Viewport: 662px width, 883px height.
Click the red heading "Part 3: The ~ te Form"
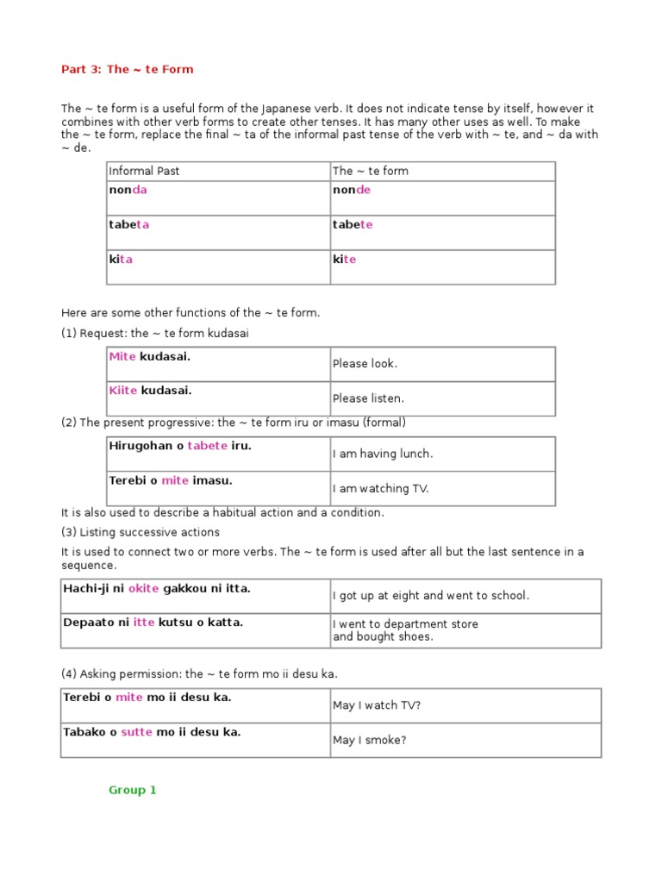(x=127, y=69)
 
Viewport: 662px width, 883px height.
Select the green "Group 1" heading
(x=132, y=790)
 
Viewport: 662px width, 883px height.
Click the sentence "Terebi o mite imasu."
(x=171, y=480)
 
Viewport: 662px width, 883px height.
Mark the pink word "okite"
(x=143, y=588)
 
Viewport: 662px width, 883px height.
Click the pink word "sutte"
(x=136, y=732)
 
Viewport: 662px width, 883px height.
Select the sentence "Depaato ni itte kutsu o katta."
(x=153, y=622)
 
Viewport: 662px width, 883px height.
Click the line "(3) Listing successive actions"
(x=140, y=532)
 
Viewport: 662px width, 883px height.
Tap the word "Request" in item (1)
(x=103, y=334)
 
